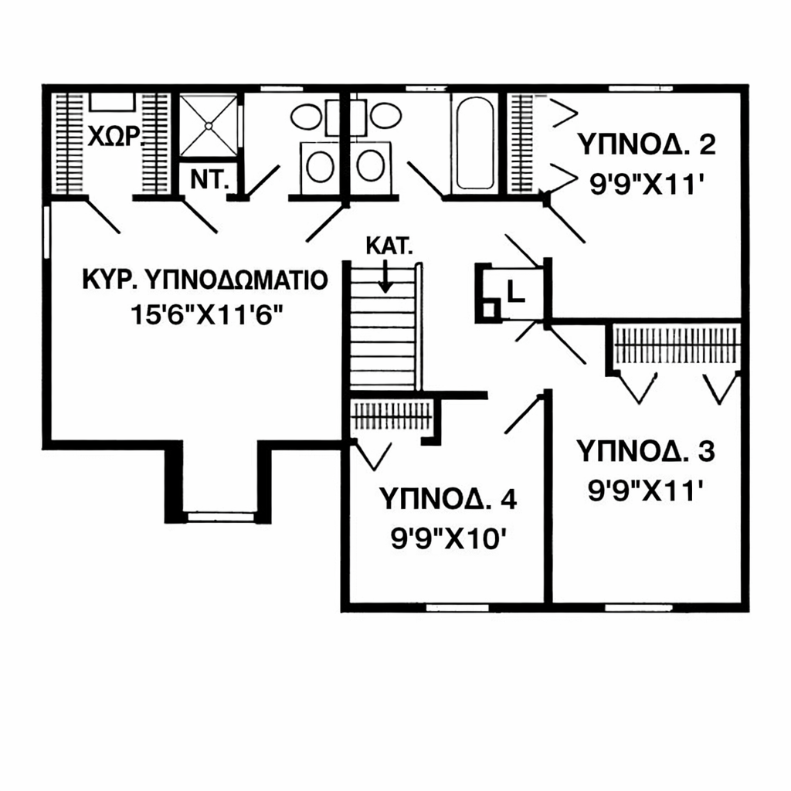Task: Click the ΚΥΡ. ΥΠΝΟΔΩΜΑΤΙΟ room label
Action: click(205, 280)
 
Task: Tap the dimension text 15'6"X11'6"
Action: click(206, 315)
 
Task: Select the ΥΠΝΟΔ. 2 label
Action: click(647, 144)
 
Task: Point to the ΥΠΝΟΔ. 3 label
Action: click(646, 451)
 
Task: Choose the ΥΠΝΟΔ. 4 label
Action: click(448, 499)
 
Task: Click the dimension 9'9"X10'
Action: click(449, 539)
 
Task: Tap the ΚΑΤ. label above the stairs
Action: click(389, 246)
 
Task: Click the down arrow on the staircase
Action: click(385, 276)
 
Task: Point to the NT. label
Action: click(209, 179)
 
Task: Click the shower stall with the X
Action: click(209, 125)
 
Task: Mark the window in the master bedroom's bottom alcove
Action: click(220, 517)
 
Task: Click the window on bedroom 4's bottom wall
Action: click(457, 608)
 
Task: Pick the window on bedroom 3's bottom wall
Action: click(639, 608)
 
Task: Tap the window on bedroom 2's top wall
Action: click(640, 89)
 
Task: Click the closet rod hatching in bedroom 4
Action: click(392, 416)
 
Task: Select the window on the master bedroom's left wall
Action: click(46, 232)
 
